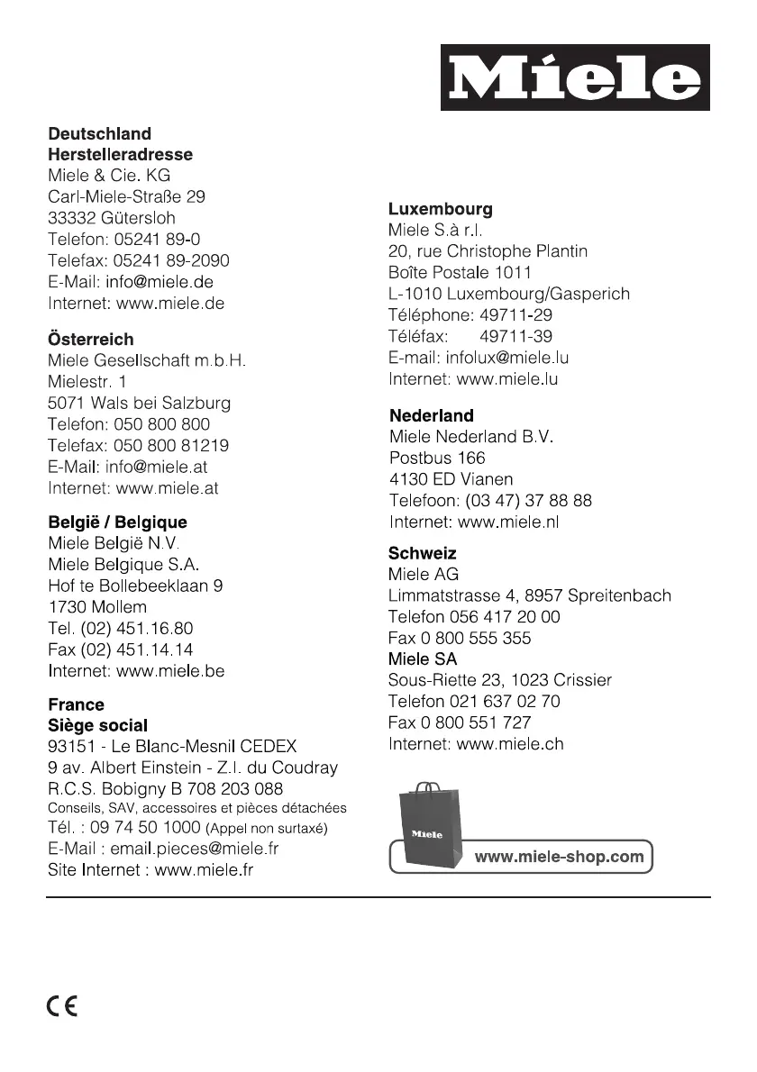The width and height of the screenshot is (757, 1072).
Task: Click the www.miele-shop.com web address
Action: click(560, 857)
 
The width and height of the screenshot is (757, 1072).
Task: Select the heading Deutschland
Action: click(99, 134)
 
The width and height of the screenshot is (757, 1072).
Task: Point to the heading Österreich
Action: click(90, 340)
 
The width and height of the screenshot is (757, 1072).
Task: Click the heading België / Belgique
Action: click(117, 522)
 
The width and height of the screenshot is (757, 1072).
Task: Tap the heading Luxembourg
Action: click(440, 209)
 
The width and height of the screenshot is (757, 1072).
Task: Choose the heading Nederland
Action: click(431, 415)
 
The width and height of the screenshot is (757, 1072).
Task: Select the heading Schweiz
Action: click(422, 553)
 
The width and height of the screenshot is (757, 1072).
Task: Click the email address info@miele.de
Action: click(160, 282)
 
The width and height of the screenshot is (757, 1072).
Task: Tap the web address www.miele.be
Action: click(170, 671)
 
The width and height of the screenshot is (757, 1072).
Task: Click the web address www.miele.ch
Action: click(510, 744)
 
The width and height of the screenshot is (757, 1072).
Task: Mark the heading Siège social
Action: click(97, 725)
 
